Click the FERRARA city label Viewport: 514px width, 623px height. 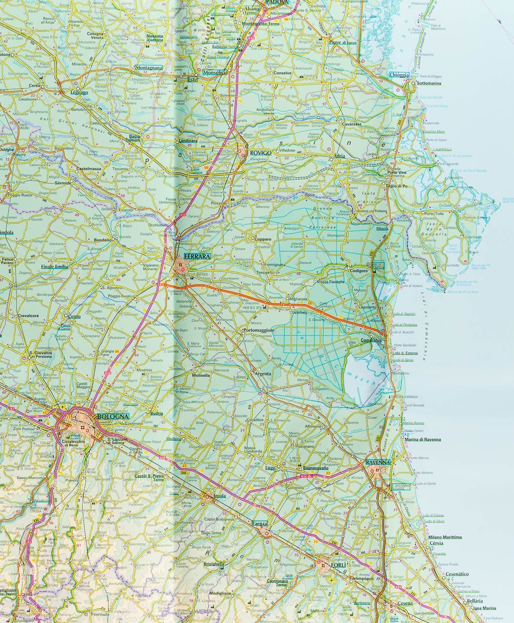197,256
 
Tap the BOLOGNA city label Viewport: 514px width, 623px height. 113,416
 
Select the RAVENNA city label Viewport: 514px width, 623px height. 378,462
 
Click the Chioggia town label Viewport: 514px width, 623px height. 399,75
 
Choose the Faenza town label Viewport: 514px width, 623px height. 260,524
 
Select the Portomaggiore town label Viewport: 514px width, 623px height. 259,331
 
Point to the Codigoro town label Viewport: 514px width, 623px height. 358,271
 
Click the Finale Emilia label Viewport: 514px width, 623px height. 55,267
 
